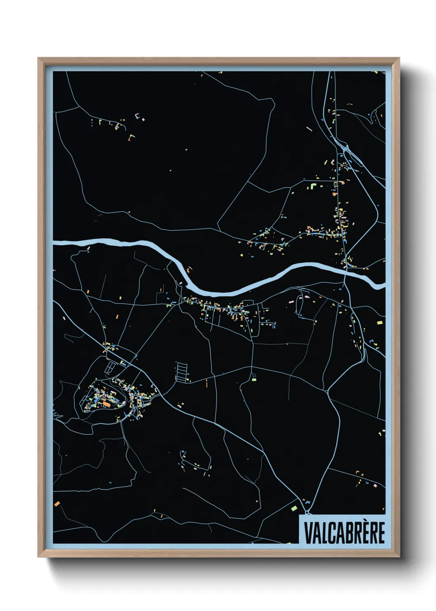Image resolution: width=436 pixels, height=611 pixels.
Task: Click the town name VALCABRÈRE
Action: point(344,533)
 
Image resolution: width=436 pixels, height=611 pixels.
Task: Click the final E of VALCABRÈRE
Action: point(381,533)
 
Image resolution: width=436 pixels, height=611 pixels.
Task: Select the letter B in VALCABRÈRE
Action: point(344,533)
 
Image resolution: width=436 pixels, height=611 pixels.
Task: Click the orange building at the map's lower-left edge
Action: point(57,503)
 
